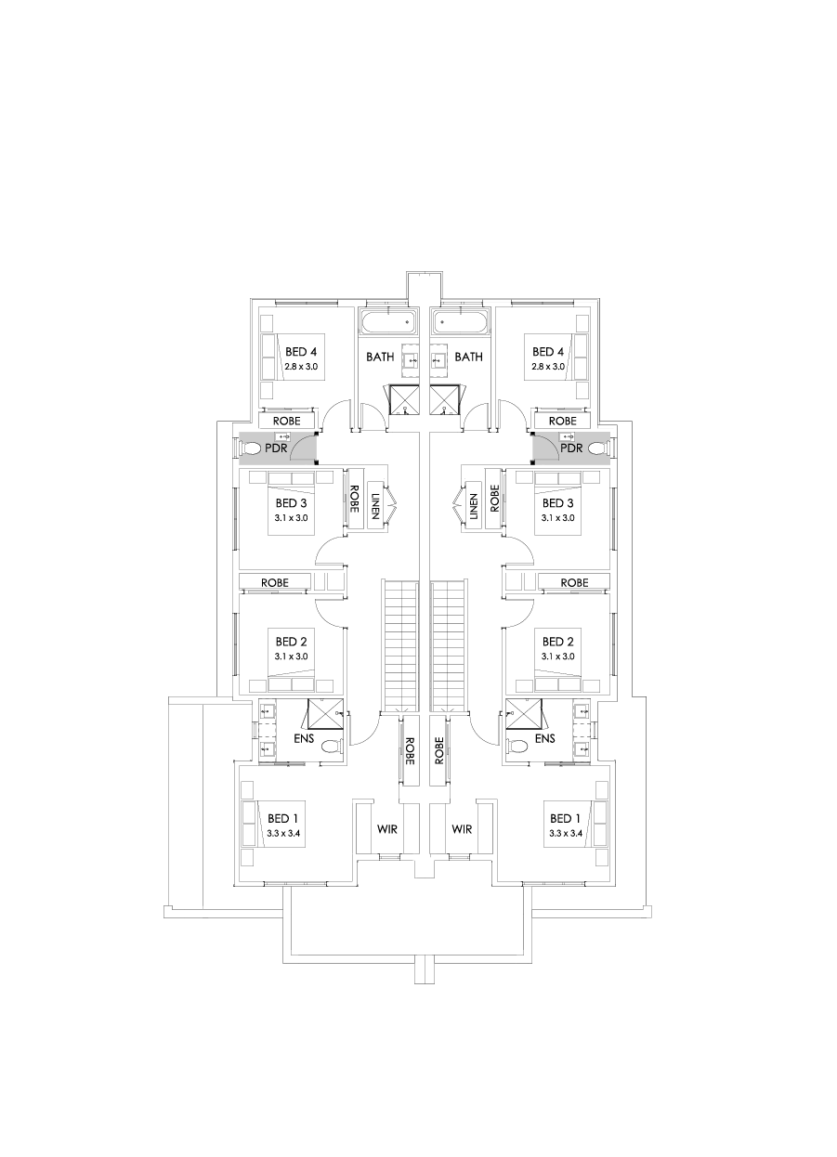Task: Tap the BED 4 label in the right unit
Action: (548, 352)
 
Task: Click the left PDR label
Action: (275, 448)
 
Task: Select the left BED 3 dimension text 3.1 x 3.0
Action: (292, 518)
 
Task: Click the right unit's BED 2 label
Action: (557, 642)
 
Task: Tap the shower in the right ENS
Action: (524, 714)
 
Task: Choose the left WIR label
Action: (387, 828)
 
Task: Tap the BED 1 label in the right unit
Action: (566, 818)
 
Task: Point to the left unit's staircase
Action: (400, 645)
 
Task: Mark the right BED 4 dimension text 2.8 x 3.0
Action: (548, 367)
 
